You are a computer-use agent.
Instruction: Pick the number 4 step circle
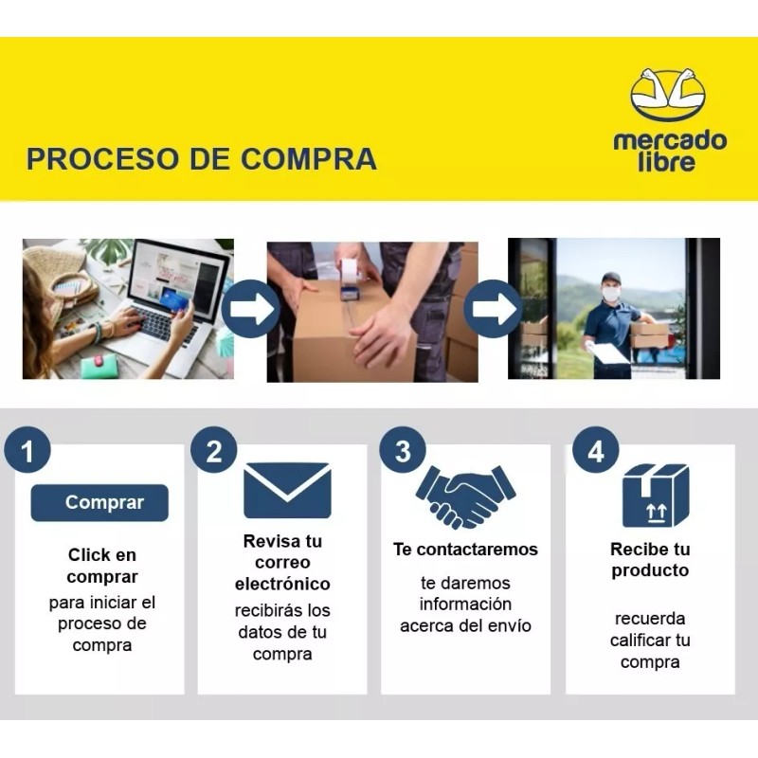click(x=595, y=451)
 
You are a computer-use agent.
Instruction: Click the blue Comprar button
click(x=99, y=503)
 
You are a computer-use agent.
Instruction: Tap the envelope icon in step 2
click(x=287, y=490)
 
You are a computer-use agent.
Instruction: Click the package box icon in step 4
click(x=655, y=495)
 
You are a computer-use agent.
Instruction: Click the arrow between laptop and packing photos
click(x=250, y=309)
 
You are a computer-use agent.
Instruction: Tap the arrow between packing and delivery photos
click(x=493, y=309)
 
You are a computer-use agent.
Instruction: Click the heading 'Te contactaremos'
click(x=465, y=550)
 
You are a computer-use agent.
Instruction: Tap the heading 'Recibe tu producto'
click(x=650, y=560)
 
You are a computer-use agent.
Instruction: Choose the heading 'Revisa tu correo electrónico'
click(x=282, y=563)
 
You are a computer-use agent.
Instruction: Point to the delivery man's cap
click(x=611, y=279)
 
